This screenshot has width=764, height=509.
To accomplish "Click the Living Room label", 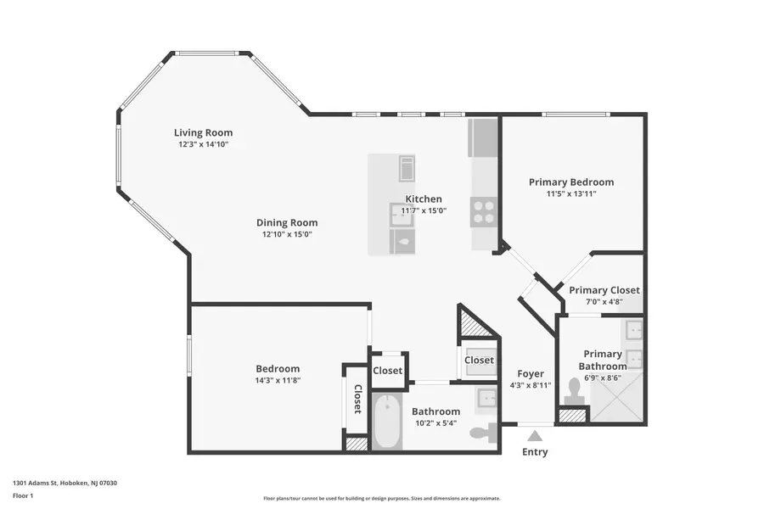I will (x=203, y=132).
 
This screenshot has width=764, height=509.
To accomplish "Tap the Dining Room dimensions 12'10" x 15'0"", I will (x=287, y=234).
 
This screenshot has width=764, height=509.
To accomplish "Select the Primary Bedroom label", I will (x=570, y=182).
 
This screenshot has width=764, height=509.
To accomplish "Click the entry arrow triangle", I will (x=534, y=435).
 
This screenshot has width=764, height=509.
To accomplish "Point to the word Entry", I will (x=535, y=452).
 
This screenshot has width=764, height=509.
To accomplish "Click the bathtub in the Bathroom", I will (x=386, y=422).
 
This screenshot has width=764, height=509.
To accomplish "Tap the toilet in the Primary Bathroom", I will (x=575, y=390).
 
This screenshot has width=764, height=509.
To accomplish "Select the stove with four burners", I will (x=484, y=211).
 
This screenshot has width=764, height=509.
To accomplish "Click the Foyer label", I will (x=531, y=373).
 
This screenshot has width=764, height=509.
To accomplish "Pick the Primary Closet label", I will (x=604, y=290).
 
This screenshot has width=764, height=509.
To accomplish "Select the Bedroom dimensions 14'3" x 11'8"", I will (x=278, y=381).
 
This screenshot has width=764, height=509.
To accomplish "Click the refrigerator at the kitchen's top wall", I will (x=484, y=138).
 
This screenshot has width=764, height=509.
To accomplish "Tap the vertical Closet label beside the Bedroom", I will (x=357, y=398).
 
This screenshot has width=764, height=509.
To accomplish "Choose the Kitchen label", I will (x=423, y=199).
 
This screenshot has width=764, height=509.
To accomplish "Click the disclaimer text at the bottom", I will (x=381, y=499).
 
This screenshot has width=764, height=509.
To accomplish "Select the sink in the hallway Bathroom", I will (x=486, y=399).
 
